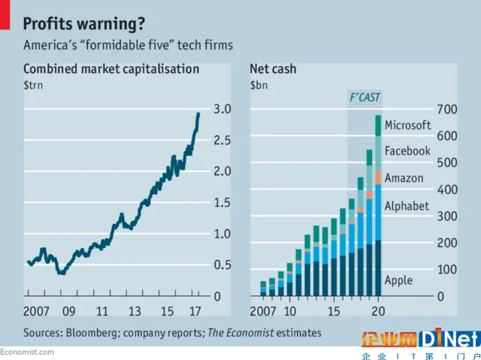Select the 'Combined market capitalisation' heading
(x=111, y=69)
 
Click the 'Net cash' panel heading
(x=273, y=69)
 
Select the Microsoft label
(x=407, y=126)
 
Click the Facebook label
(x=407, y=151)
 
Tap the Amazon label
(x=404, y=178)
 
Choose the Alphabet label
(x=406, y=206)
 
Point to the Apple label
(x=398, y=280)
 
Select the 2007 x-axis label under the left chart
(x=38, y=311)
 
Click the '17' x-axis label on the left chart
(x=194, y=311)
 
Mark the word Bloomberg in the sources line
(x=92, y=332)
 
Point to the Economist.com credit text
(x=27, y=352)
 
